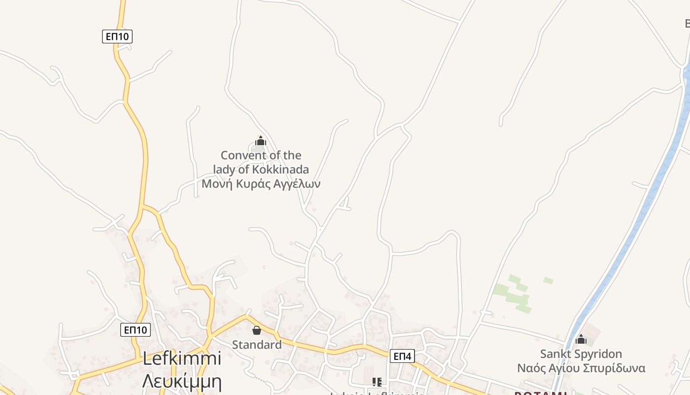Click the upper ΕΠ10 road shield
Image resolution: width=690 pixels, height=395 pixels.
click(117, 36)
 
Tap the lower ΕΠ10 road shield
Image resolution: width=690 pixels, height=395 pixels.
click(135, 330)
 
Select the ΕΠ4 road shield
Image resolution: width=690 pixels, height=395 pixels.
click(402, 355)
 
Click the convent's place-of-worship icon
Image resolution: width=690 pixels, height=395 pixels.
click(260, 141)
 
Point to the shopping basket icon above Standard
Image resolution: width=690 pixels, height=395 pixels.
click(257, 330)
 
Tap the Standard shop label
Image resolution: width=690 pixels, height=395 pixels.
click(257, 345)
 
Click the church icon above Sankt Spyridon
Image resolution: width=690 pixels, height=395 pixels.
click(581, 339)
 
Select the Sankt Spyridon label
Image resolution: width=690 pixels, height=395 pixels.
click(581, 354)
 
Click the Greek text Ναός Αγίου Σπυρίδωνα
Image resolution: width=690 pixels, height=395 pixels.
click(581, 368)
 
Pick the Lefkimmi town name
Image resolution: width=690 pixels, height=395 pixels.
click(182, 359)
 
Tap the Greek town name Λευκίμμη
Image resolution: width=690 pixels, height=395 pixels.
click(182, 381)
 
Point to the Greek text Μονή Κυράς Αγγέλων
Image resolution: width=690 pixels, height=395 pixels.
click(261, 184)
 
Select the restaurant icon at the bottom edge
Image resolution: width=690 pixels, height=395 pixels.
click(377, 382)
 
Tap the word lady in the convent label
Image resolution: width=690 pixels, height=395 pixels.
click(224, 170)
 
